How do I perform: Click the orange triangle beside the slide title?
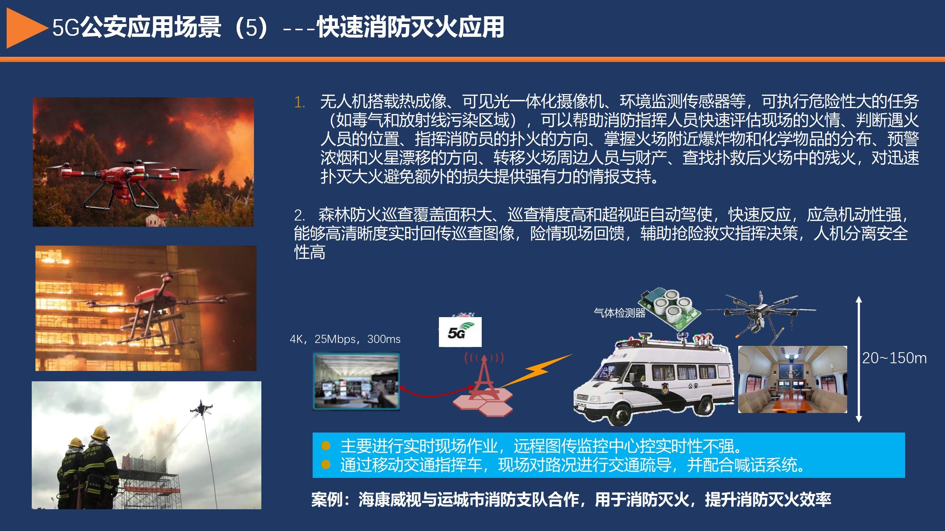pyautogui.click(x=24, y=28)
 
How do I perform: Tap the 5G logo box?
pyautogui.click(x=460, y=332)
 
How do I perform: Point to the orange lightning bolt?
pyautogui.click(x=535, y=370)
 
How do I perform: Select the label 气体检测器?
pyautogui.click(x=619, y=313)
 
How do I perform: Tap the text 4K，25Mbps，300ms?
pyautogui.click(x=345, y=339)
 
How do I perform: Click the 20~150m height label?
pyautogui.click(x=894, y=358)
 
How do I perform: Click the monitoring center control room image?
pyautogui.click(x=356, y=381)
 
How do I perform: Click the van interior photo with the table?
pyautogui.click(x=793, y=379)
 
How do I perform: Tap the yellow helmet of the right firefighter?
pyautogui.click(x=100, y=433)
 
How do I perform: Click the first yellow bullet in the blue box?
pyautogui.click(x=326, y=446)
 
